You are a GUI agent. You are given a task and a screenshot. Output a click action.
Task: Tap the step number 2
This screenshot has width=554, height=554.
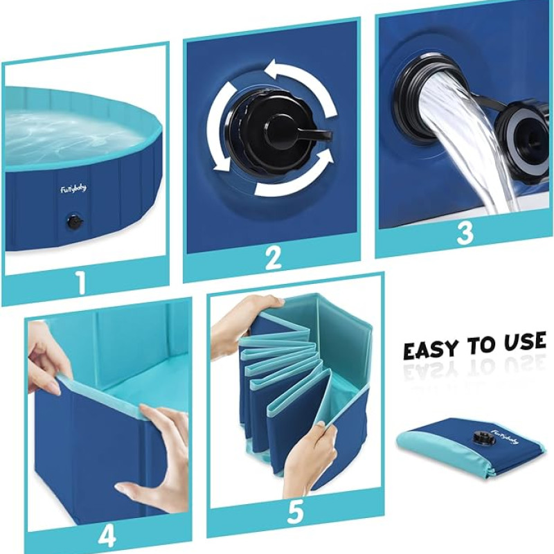273,258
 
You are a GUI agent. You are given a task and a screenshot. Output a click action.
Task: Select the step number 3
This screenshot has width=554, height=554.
465,233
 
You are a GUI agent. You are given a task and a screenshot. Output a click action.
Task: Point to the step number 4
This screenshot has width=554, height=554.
107,536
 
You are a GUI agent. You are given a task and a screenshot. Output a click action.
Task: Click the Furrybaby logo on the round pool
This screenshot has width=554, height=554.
73,189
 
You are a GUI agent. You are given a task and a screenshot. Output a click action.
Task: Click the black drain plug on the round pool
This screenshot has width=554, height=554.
75,222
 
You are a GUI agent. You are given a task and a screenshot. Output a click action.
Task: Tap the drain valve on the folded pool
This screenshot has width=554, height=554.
481,438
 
